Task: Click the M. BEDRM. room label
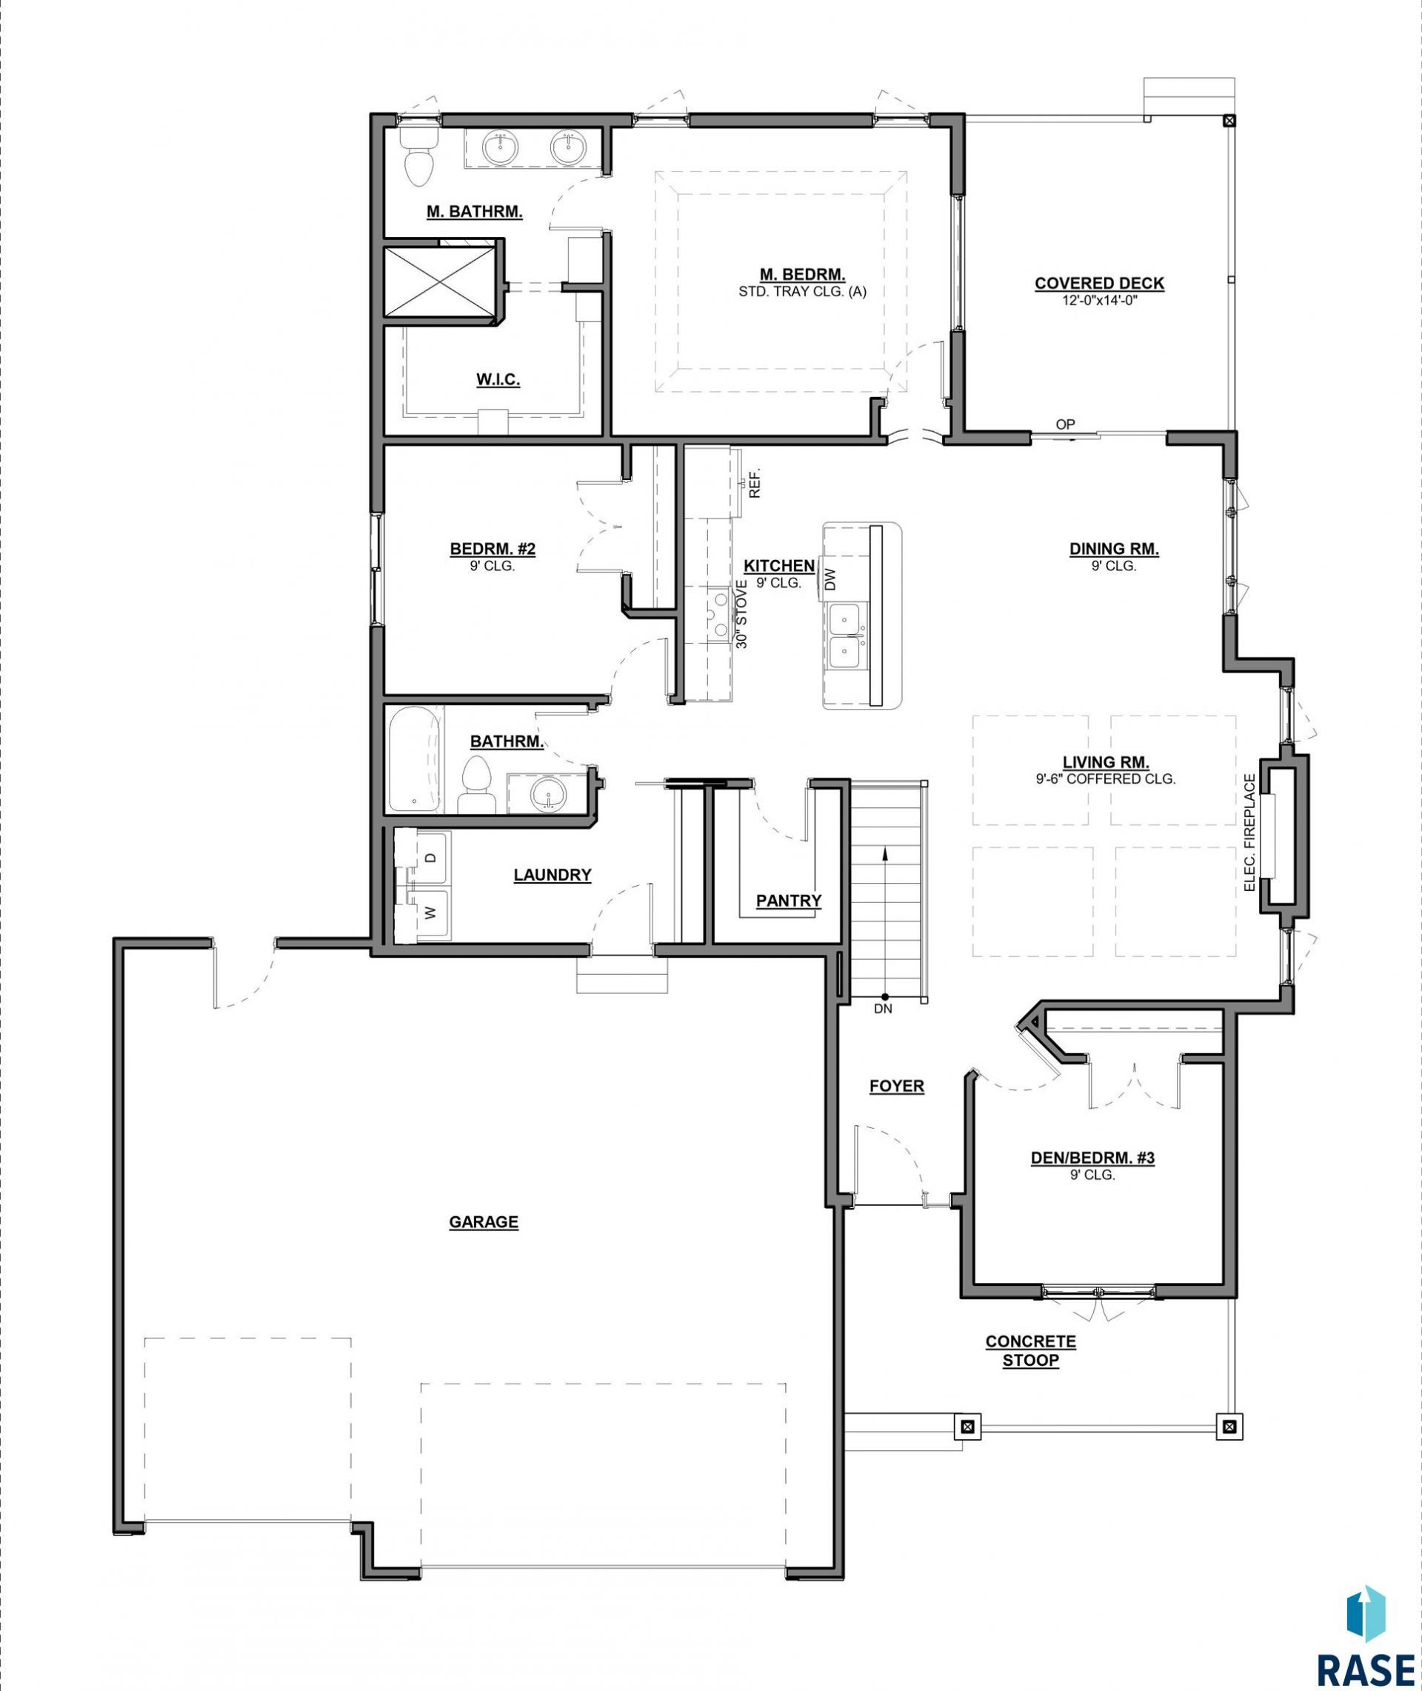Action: pyautogui.click(x=802, y=275)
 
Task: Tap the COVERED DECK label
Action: pyautogui.click(x=1100, y=283)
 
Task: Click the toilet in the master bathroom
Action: pyautogui.click(x=418, y=156)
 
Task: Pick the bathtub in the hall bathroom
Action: pyautogui.click(x=414, y=759)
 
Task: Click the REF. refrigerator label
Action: pyautogui.click(x=755, y=484)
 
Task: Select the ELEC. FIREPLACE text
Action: pyautogui.click(x=1250, y=832)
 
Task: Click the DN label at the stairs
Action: pyautogui.click(x=883, y=1008)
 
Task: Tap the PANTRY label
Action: pyautogui.click(x=788, y=900)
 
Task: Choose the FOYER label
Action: pyautogui.click(x=896, y=1086)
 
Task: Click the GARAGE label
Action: pyautogui.click(x=484, y=1222)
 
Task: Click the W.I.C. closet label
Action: pyautogui.click(x=498, y=380)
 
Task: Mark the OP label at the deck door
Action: pyautogui.click(x=1065, y=424)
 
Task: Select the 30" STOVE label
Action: pyautogui.click(x=742, y=618)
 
